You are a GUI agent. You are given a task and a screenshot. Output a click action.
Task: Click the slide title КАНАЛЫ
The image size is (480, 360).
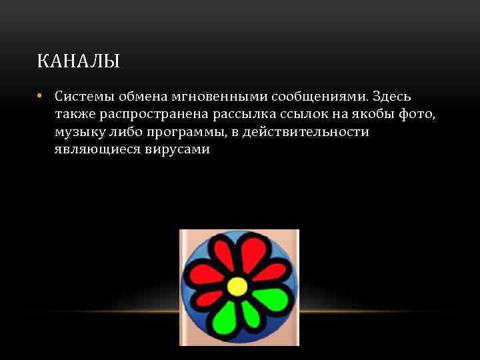(x=79, y=63)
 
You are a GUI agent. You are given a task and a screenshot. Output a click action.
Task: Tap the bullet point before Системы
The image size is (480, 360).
(x=41, y=96)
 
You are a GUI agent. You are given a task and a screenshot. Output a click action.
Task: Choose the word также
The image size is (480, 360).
(x=75, y=115)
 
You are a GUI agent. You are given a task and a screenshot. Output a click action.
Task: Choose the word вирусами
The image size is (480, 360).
(x=177, y=149)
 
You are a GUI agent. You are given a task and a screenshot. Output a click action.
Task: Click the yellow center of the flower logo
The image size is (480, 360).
(x=237, y=287)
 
